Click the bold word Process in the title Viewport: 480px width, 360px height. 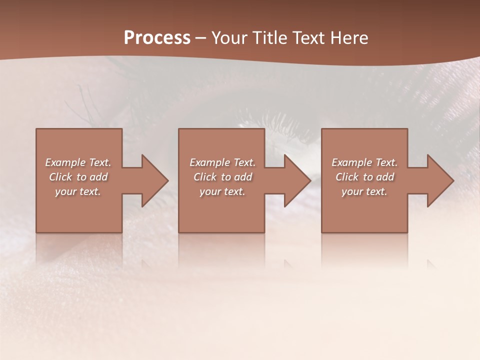tap(157, 38)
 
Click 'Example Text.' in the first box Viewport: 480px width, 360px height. tap(78, 162)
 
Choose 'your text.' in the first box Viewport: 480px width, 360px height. tap(78, 191)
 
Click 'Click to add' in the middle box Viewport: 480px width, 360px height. tap(222, 177)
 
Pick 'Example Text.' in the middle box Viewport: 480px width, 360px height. tap(222, 162)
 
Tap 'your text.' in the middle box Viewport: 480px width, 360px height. tap(222, 191)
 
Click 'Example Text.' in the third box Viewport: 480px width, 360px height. tap(364, 162)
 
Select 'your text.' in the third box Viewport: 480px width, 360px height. tap(364, 191)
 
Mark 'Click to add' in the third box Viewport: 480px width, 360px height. tap(364, 177)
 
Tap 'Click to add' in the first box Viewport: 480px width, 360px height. tap(78, 177)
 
